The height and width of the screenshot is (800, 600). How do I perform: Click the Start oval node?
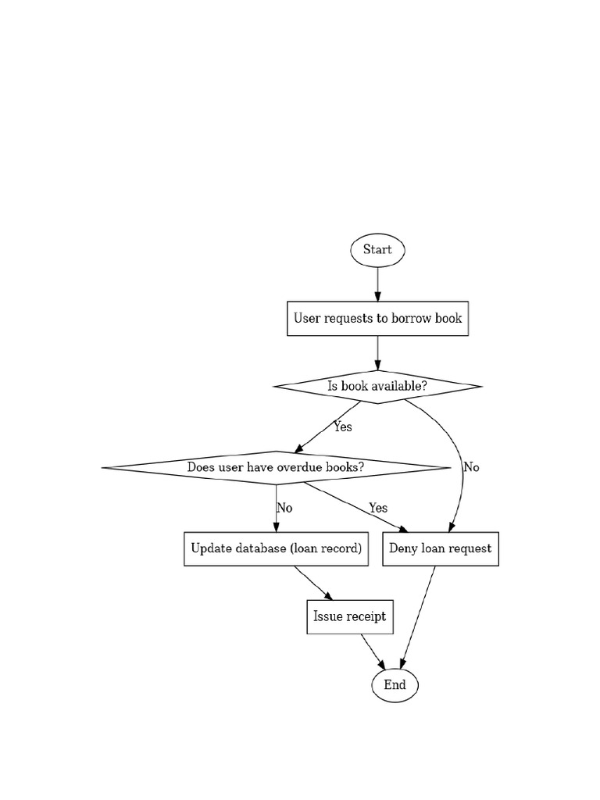click(377, 250)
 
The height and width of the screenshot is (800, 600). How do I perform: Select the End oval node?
click(395, 685)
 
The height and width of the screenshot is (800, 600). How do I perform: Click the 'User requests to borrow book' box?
click(377, 318)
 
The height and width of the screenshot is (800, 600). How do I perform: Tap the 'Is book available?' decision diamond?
click(377, 386)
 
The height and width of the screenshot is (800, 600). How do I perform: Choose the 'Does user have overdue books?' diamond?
click(276, 467)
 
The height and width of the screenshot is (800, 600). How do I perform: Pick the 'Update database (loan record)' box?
click(276, 548)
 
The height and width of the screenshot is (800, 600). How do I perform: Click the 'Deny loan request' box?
click(441, 548)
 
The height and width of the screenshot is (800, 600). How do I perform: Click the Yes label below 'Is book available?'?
click(342, 427)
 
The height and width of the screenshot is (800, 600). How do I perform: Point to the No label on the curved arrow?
click(471, 467)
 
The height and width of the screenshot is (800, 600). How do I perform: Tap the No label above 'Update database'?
click(284, 508)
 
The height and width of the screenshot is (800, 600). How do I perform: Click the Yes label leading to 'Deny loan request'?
click(378, 508)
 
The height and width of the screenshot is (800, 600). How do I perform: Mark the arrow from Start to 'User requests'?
click(377, 284)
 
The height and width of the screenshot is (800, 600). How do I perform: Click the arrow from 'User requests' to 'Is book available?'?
click(377, 352)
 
